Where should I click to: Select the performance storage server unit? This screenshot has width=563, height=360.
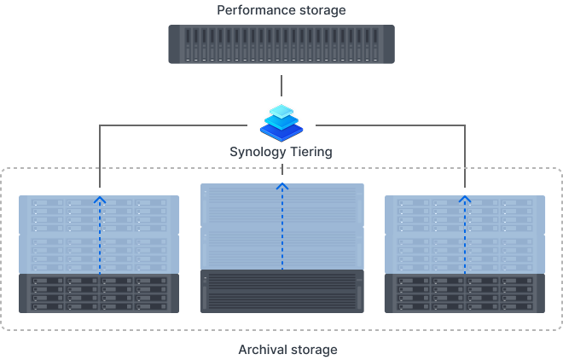tap(281, 44)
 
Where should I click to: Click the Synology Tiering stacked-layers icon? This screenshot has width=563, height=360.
tap(281, 122)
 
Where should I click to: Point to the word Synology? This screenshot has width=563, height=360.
tap(258, 152)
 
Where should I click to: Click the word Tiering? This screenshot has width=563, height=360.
tap(311, 152)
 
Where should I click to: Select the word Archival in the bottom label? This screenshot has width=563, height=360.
tap(262, 350)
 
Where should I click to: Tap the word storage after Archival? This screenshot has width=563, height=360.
tap(313, 350)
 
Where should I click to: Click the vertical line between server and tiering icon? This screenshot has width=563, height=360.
tap(281, 85)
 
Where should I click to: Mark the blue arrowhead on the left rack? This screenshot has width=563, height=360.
tap(100, 201)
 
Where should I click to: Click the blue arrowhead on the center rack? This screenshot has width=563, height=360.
tap(282, 185)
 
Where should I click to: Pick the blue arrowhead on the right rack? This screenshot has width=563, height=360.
tap(465, 201)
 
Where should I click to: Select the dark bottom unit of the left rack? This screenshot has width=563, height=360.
tap(100, 293)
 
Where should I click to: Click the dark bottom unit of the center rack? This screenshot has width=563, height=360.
tap(282, 291)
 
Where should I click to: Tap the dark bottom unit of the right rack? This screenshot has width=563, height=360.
tap(465, 293)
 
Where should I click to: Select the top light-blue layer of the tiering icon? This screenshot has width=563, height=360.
tap(281, 112)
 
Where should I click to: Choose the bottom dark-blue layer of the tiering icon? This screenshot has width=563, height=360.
tap(281, 132)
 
